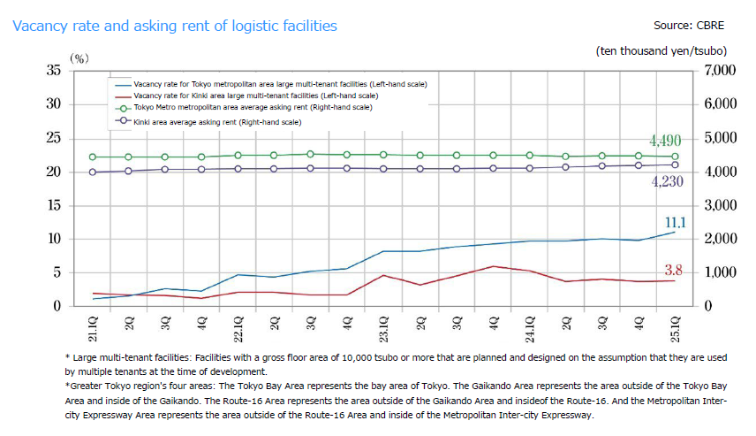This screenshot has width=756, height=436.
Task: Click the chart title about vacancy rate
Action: tap(175, 27)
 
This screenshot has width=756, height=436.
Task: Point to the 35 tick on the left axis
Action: tap(52, 70)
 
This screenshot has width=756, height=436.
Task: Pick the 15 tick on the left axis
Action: tap(52, 205)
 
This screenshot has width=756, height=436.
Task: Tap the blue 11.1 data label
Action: tap(676, 222)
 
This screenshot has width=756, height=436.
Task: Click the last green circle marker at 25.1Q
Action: tap(676, 157)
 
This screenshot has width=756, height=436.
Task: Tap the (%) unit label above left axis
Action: tap(80, 58)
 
